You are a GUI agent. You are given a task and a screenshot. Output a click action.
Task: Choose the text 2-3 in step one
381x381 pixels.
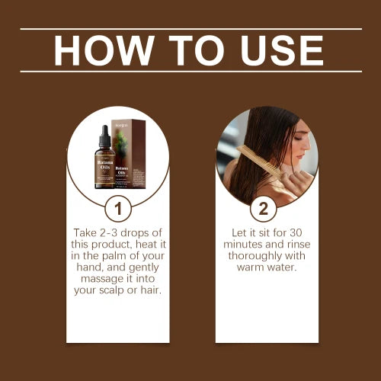[x=114, y=231]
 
